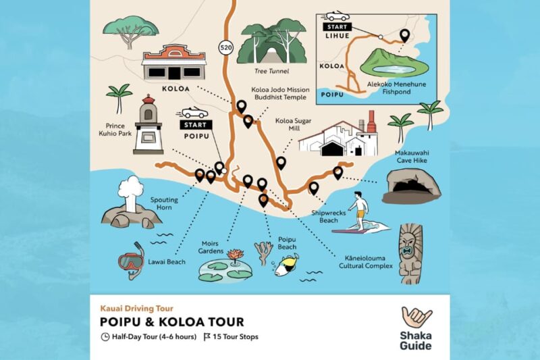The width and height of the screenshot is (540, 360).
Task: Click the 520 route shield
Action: (225, 47)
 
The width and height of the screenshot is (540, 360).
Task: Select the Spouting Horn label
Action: (165, 203)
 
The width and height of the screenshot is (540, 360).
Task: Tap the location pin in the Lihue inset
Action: (404, 36)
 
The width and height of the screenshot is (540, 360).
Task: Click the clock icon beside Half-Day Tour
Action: (105, 337)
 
